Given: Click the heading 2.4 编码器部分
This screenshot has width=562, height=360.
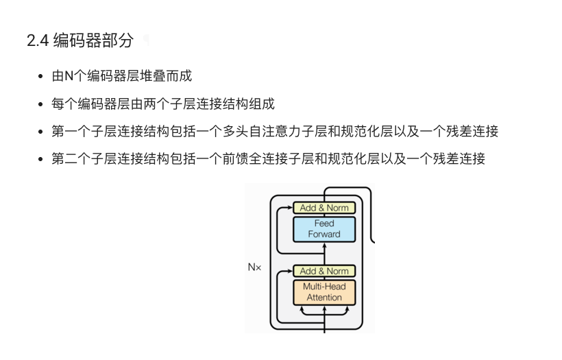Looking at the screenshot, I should (x=80, y=40).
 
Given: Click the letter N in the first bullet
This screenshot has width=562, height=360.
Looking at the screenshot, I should (x=69, y=76).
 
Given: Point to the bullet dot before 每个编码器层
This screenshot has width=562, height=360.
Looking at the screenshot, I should (x=42, y=104).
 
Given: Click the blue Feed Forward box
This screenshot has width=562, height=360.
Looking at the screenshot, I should (x=324, y=229).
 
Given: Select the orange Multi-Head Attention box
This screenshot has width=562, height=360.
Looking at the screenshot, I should (x=324, y=292).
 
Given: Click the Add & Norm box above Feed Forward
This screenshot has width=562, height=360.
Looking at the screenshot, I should (x=324, y=208).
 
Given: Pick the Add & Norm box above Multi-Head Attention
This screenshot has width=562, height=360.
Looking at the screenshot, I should (x=324, y=271).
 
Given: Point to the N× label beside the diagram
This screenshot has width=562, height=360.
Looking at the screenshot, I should (x=254, y=267).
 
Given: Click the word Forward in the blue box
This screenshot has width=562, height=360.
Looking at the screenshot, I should (x=324, y=234).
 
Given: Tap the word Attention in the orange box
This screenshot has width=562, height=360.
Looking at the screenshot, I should (x=324, y=298).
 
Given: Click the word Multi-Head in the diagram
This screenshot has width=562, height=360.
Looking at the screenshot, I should (x=324, y=287).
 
